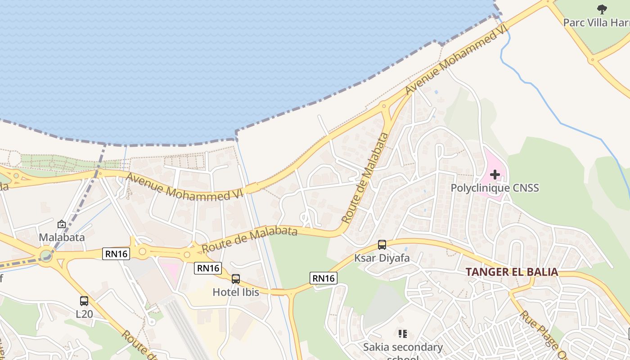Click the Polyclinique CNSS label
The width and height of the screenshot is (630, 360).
[495, 188]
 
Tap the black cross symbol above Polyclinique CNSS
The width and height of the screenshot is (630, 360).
[495, 175]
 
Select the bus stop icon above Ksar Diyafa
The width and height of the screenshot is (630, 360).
[382, 245]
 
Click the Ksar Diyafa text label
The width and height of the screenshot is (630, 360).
[382, 258]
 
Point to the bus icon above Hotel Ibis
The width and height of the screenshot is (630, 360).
[236, 279]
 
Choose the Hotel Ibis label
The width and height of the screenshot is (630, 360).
[236, 292]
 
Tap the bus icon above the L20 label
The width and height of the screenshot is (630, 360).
[84, 301]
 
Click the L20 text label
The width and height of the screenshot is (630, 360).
[84, 314]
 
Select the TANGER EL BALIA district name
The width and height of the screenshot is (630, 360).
[512, 272]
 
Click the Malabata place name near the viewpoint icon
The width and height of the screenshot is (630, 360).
[62, 237]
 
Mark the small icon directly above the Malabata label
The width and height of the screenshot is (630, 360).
[62, 224]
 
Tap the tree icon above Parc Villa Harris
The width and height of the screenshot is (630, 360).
[602, 9]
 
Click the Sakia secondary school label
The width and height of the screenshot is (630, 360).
[403, 347]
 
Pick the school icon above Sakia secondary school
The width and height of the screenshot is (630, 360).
[403, 334]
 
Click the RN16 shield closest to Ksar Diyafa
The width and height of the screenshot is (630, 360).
[324, 278]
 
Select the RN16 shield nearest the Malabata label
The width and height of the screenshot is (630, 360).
[117, 254]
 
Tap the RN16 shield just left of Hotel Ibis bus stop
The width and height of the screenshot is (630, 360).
[208, 268]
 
